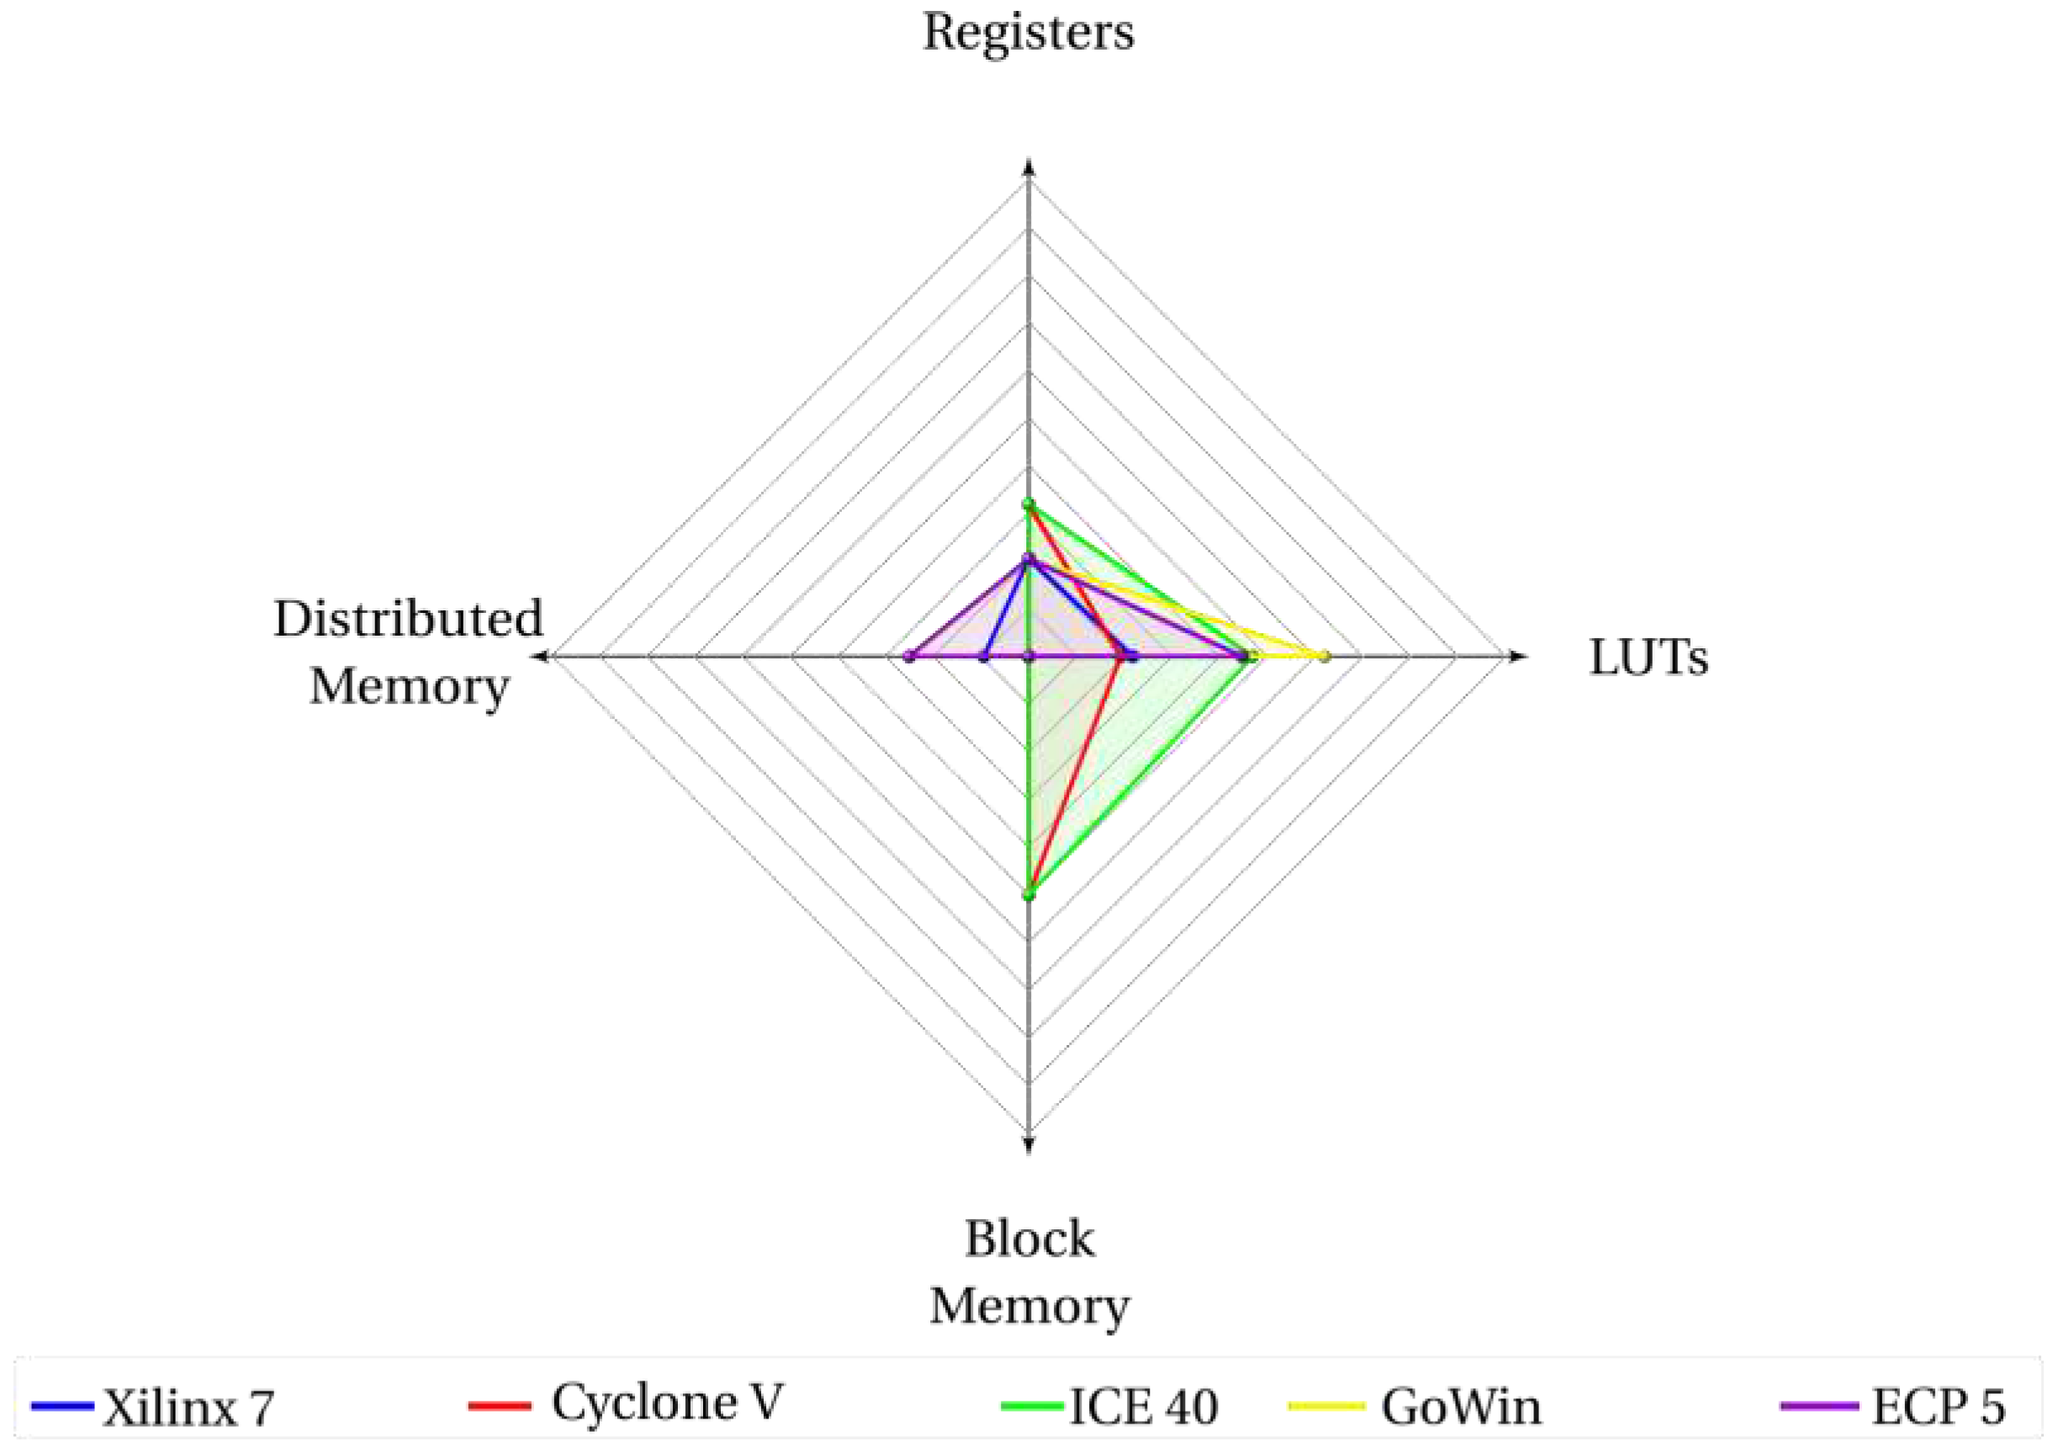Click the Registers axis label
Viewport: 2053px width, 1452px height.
point(1029,34)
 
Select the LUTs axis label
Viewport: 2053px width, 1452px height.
point(1648,658)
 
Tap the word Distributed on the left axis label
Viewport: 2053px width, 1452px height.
point(409,619)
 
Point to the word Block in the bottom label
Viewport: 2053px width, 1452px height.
point(1029,1238)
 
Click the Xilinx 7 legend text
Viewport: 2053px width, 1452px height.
point(188,1409)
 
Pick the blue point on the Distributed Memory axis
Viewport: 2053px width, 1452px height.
point(982,657)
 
